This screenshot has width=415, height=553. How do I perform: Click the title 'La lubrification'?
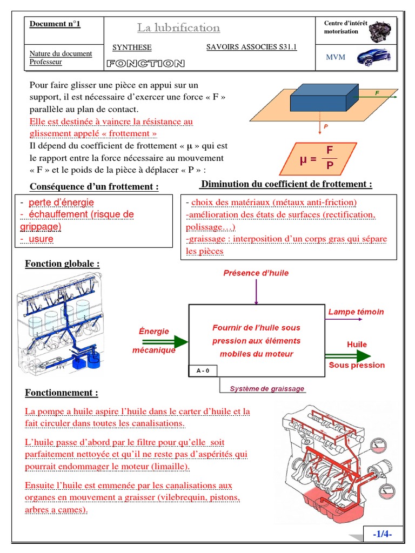click(178, 28)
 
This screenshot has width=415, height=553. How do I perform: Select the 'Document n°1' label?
click(55, 24)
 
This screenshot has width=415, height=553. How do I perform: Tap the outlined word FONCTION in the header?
click(145, 64)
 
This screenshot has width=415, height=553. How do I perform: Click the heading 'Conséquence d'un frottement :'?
click(94, 187)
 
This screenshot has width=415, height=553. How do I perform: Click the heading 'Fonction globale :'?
click(62, 264)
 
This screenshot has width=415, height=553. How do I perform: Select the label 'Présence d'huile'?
click(256, 273)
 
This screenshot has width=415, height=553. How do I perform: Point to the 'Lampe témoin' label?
click(356, 312)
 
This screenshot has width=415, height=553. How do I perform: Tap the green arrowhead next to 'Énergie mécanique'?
click(182, 341)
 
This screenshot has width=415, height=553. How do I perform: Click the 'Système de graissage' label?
click(267, 388)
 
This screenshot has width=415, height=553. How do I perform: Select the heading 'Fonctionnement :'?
click(62, 393)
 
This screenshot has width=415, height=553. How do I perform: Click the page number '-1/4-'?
click(382, 534)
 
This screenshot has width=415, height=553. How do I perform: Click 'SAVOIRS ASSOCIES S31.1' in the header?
click(251, 47)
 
